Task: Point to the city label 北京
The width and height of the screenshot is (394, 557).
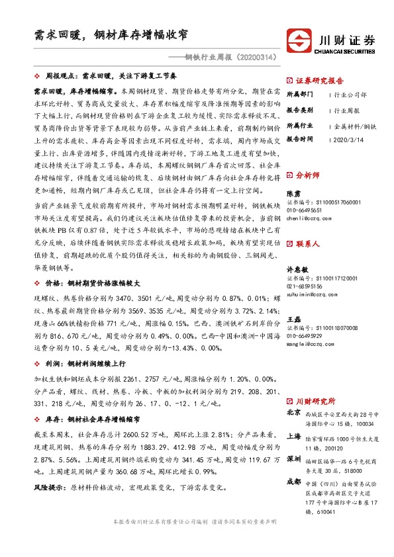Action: click(294, 413)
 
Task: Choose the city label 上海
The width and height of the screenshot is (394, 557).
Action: click(294, 437)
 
